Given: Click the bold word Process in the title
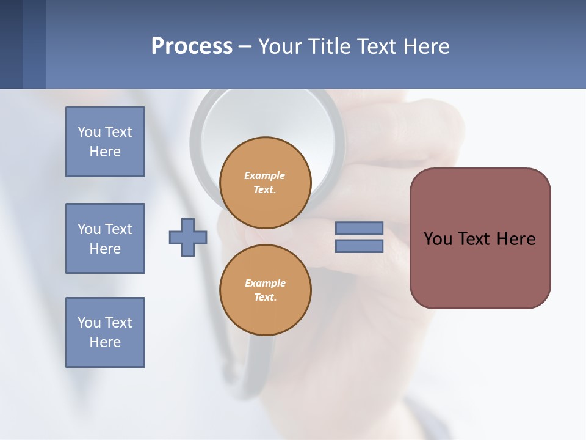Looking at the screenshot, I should [192, 46].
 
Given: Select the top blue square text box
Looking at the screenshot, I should [105, 142].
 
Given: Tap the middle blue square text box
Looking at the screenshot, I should [105, 238].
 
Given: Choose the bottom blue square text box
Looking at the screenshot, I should [105, 332].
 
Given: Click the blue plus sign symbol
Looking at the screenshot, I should [188, 237].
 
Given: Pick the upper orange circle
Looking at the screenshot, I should [265, 183].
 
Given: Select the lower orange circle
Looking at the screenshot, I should [265, 290].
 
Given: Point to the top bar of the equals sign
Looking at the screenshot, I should [359, 228].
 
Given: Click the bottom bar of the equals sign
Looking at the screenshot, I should [359, 246].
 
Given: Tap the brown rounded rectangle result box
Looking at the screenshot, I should [480, 238].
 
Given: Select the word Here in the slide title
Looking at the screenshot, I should [427, 46].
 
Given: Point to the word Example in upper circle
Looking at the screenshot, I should [265, 175].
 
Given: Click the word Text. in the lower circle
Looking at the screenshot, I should [265, 298].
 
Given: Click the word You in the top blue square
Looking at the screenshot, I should [88, 132].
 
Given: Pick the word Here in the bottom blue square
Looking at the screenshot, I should [105, 342].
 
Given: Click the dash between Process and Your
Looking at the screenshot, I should [245, 46].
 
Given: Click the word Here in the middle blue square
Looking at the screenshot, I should [105, 249].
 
